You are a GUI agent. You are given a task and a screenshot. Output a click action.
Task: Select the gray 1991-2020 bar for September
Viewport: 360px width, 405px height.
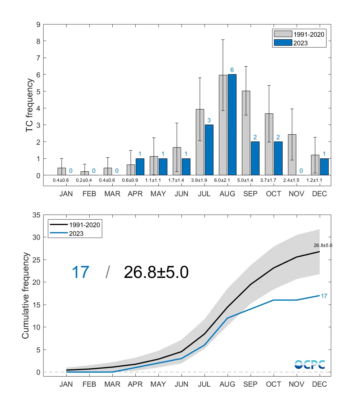[x=246, y=133]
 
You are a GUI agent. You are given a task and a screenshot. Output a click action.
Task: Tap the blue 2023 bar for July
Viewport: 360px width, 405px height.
[x=209, y=150]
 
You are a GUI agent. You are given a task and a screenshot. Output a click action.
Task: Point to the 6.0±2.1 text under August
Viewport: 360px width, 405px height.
[x=227, y=180]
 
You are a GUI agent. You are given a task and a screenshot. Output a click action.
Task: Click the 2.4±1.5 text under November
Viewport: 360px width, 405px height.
[x=296, y=180]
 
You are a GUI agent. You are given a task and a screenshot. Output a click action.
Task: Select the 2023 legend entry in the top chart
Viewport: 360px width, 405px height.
[x=300, y=42]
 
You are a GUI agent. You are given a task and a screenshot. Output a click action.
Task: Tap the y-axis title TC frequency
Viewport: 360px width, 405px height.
[x=31, y=105]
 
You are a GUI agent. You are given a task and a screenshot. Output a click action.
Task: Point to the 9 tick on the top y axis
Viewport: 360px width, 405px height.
[x=37, y=24]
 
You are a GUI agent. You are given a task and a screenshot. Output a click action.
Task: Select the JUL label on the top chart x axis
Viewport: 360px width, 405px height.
[x=204, y=194]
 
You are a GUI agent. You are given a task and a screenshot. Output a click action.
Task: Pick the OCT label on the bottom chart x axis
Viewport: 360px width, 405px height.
[x=274, y=384]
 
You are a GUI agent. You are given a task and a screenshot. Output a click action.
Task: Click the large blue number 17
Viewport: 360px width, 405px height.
[x=80, y=273]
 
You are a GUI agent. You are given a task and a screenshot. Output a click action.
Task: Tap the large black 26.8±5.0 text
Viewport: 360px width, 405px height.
[x=156, y=273]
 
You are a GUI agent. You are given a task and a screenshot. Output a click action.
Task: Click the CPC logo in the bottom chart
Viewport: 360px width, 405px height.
[x=310, y=364]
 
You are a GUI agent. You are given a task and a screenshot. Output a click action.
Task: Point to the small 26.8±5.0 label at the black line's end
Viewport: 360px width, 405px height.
[x=323, y=245]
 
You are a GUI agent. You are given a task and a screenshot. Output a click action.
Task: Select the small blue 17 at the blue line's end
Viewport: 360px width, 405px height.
[x=324, y=296]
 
